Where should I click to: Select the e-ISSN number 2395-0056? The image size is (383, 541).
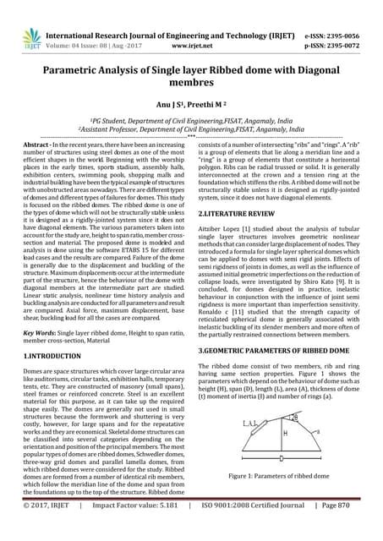pyautogui.click(x=347, y=13)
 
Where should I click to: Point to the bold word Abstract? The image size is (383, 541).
pyautogui.click(x=33, y=145)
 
